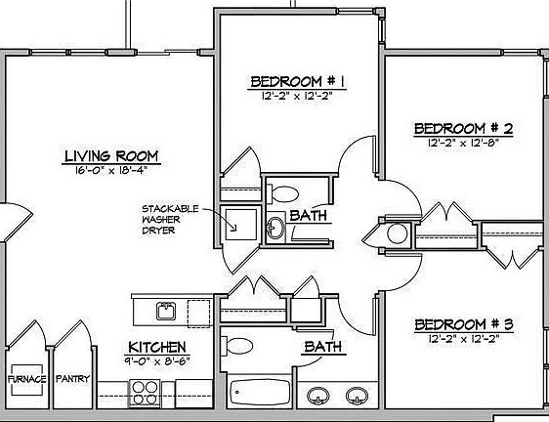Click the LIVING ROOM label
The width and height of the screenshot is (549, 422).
click(110, 156)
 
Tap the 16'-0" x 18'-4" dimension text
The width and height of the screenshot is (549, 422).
click(110, 171)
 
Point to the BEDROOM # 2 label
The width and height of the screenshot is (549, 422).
click(464, 129)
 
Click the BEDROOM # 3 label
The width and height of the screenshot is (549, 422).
click(464, 324)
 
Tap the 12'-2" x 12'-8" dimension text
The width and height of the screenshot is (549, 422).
click(464, 143)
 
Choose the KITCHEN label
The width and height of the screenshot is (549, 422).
click(157, 348)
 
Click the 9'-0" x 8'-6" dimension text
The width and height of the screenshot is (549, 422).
click(157, 360)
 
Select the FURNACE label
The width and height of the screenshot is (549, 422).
click(26, 378)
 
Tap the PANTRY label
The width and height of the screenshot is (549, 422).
click(72, 378)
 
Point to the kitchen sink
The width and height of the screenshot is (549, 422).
click(166, 312)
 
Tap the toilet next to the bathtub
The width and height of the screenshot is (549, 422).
click(236, 347)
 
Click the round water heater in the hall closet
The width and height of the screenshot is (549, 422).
click(397, 233)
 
